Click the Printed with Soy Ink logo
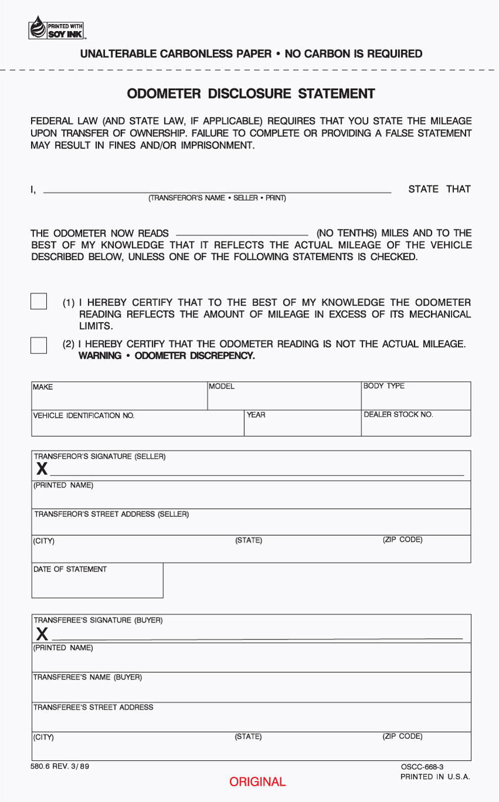point(56,28)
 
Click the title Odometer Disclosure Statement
point(251,94)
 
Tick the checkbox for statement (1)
point(39,301)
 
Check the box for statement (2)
point(39,344)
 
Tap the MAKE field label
point(43,387)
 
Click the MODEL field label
point(222,387)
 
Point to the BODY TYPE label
point(384,386)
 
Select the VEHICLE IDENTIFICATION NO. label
point(83,415)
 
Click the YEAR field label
point(256,415)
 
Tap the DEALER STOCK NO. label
point(399,415)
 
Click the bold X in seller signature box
point(42,468)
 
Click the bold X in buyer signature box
point(42,633)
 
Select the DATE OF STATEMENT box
point(97,581)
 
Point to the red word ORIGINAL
point(257,782)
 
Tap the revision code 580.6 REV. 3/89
point(60,766)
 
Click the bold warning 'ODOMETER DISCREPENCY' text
point(167,356)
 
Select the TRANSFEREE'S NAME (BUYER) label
point(87,678)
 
